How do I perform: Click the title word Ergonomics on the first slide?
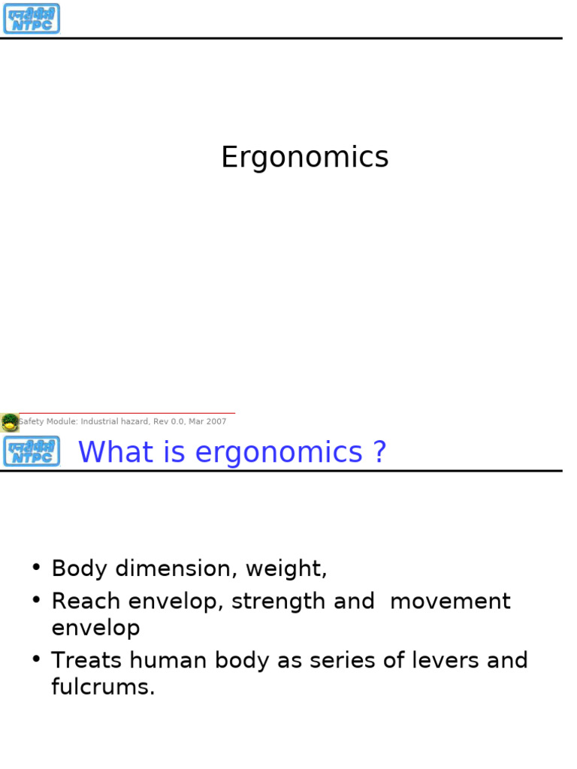[304, 158]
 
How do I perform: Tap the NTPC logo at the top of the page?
[31, 19]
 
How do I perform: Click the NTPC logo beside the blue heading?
[31, 451]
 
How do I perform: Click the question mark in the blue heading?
[379, 452]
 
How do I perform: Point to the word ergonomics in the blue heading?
[278, 454]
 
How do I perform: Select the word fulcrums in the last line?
[102, 687]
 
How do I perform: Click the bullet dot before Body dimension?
[36, 567]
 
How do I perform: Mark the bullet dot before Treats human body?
[36, 659]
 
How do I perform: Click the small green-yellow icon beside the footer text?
[10, 422]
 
